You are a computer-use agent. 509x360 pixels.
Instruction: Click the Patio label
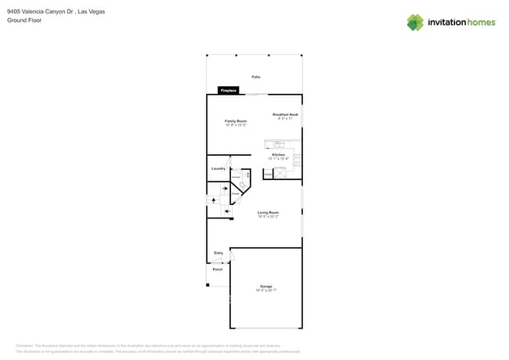pyautogui.click(x=256, y=77)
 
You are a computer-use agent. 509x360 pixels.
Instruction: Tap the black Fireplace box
pyautogui.click(x=229, y=91)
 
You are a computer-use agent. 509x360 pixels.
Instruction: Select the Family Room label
pyautogui.click(x=236, y=121)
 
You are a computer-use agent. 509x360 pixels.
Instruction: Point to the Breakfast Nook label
pyautogui.click(x=285, y=115)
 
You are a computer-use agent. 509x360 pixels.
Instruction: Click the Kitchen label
pyautogui.click(x=279, y=155)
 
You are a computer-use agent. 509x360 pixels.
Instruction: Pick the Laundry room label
pyautogui.click(x=218, y=168)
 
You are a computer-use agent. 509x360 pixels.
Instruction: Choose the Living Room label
pyautogui.click(x=269, y=212)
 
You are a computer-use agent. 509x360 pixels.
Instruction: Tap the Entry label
pyautogui.click(x=218, y=253)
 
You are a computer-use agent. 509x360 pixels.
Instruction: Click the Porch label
pyautogui.click(x=218, y=269)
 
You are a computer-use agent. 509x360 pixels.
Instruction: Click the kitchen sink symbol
pyautogui.click(x=278, y=144)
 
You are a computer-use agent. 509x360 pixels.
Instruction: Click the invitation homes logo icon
pyautogui.click(x=415, y=23)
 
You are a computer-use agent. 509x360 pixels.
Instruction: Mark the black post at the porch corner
pyautogui.click(x=208, y=284)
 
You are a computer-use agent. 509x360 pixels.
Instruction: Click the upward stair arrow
pyautogui.click(x=214, y=200)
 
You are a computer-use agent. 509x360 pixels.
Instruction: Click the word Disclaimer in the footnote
pyautogui.click(x=25, y=345)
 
